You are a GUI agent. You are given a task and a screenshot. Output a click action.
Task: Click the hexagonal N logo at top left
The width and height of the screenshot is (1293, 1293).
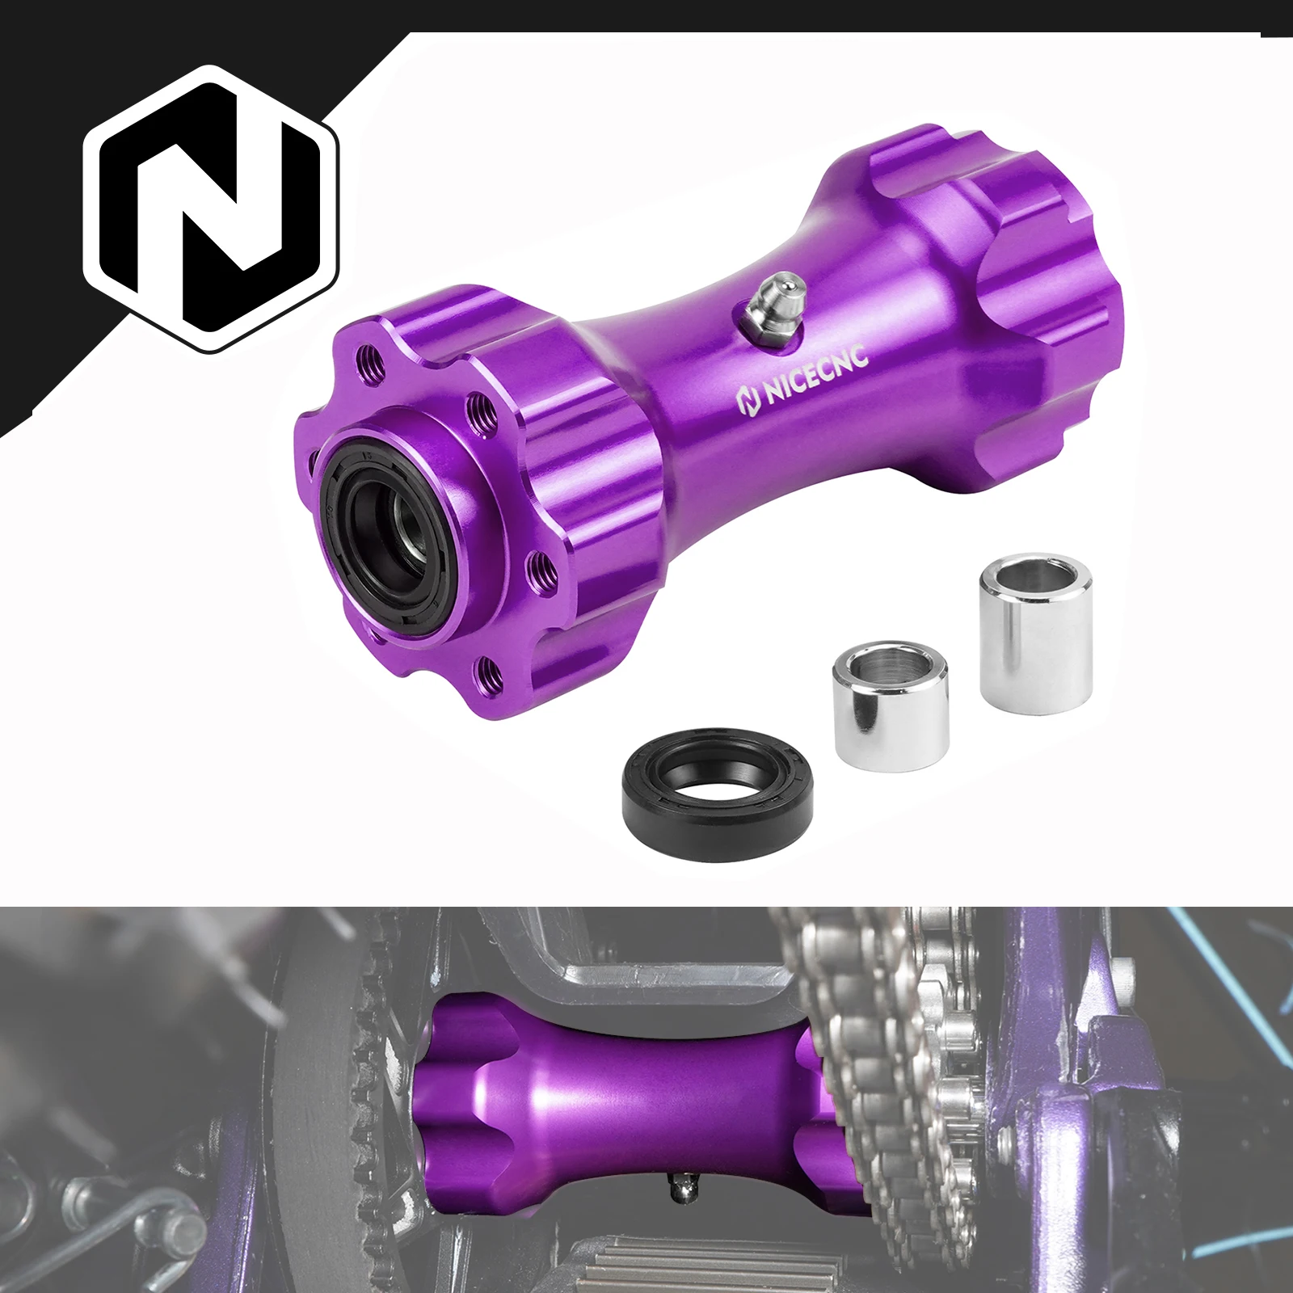212,208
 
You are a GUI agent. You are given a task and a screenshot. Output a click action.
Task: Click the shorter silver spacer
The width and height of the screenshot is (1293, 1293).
891,705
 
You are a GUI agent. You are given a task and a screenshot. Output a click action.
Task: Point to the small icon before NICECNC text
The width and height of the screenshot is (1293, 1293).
748,398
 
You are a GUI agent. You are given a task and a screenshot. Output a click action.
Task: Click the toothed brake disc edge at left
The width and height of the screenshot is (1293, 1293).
364,1051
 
